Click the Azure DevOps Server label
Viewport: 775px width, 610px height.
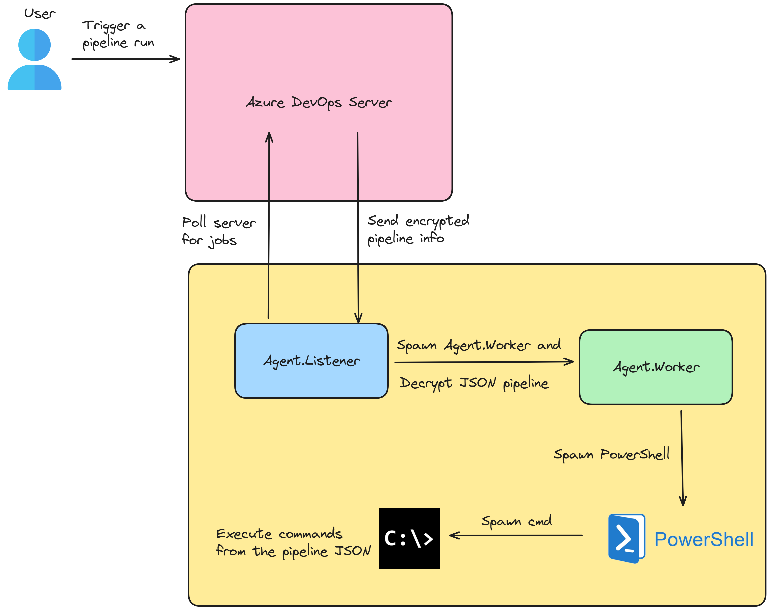pyautogui.click(x=319, y=102)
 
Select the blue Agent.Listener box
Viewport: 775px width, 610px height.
pyautogui.click(x=311, y=361)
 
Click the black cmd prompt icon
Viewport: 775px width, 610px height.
pyautogui.click(x=409, y=539)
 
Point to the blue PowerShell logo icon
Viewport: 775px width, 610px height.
pyautogui.click(x=626, y=539)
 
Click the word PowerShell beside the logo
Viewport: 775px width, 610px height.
pyautogui.click(x=704, y=539)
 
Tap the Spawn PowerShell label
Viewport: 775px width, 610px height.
pyautogui.click(x=611, y=454)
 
